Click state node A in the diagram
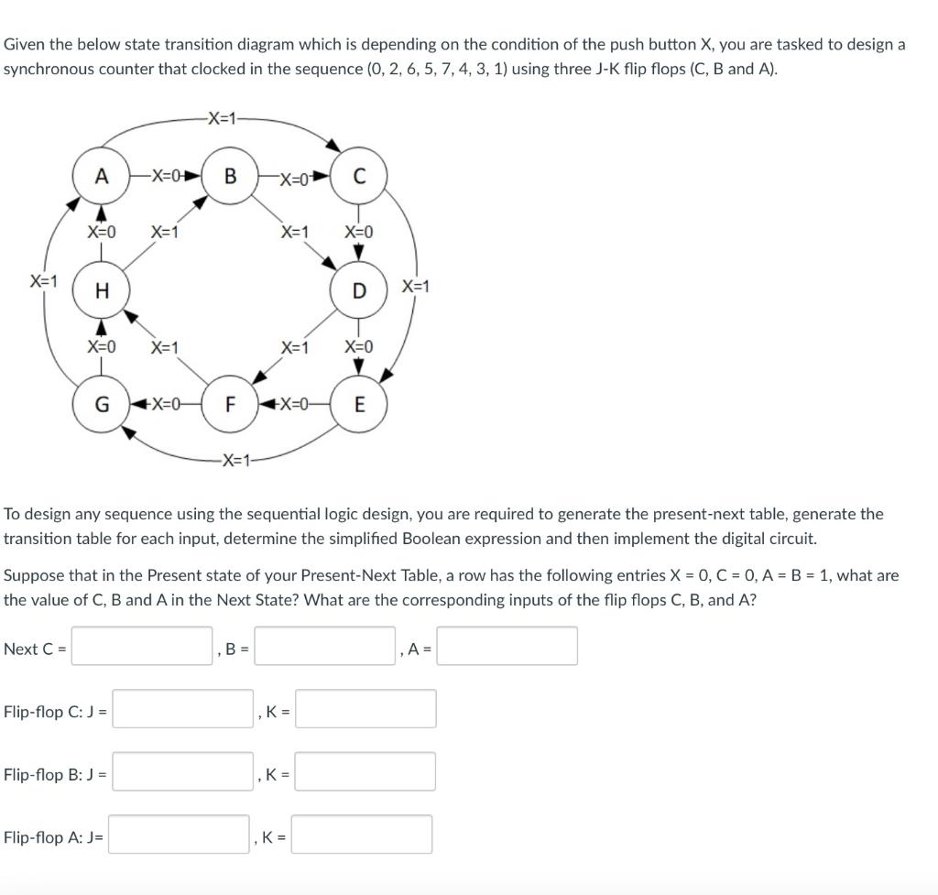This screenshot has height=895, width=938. pyautogui.click(x=102, y=176)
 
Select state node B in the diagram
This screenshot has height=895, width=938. pyautogui.click(x=230, y=176)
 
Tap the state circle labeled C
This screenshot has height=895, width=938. pyautogui.click(x=359, y=176)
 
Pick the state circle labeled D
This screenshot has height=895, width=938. pyautogui.click(x=359, y=290)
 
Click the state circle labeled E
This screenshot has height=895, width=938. pyautogui.click(x=359, y=404)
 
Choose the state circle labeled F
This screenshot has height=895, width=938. pyautogui.click(x=230, y=404)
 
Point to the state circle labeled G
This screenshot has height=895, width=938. pyautogui.click(x=102, y=404)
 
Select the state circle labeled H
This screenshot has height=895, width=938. pyautogui.click(x=102, y=290)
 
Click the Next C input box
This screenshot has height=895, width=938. pyautogui.click(x=142, y=646)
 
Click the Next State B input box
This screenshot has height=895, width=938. pyautogui.click(x=324, y=646)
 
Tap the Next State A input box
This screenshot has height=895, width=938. pyautogui.click(x=507, y=646)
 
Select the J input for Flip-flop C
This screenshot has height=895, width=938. pyautogui.click(x=182, y=709)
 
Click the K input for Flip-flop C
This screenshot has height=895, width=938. pyautogui.click(x=365, y=709)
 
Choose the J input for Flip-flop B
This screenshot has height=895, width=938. pyautogui.click(x=182, y=772)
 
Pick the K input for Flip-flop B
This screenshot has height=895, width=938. pyautogui.click(x=365, y=772)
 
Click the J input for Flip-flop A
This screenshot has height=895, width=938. pyautogui.click(x=179, y=835)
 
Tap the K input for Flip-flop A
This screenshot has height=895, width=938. pyautogui.click(x=362, y=835)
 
